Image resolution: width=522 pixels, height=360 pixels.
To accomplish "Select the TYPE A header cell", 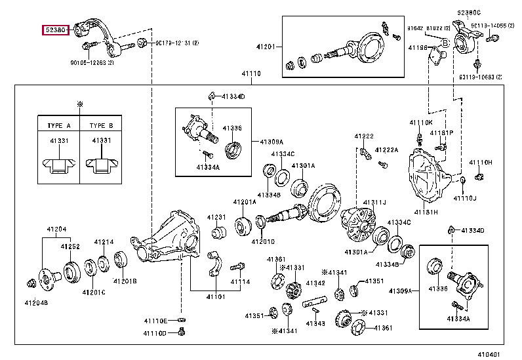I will pos(59,125).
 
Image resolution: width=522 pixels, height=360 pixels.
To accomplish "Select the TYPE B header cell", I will pos(100,125).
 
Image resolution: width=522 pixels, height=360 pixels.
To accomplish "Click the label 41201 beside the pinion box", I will pos(266,47).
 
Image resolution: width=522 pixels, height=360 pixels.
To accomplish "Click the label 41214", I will pos(104,241).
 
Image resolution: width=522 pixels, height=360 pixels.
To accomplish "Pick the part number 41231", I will pos(217,217).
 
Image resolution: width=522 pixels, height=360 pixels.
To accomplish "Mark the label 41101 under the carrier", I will pos(216,296).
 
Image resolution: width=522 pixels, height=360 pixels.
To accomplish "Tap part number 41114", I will pos(239,282).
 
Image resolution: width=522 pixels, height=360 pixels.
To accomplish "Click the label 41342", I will pos(316,283).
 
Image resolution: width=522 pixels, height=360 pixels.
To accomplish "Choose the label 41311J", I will pos(374,201).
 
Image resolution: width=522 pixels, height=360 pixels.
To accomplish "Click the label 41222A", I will pos(387,150).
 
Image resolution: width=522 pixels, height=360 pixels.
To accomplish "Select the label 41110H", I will pos(481,162).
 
